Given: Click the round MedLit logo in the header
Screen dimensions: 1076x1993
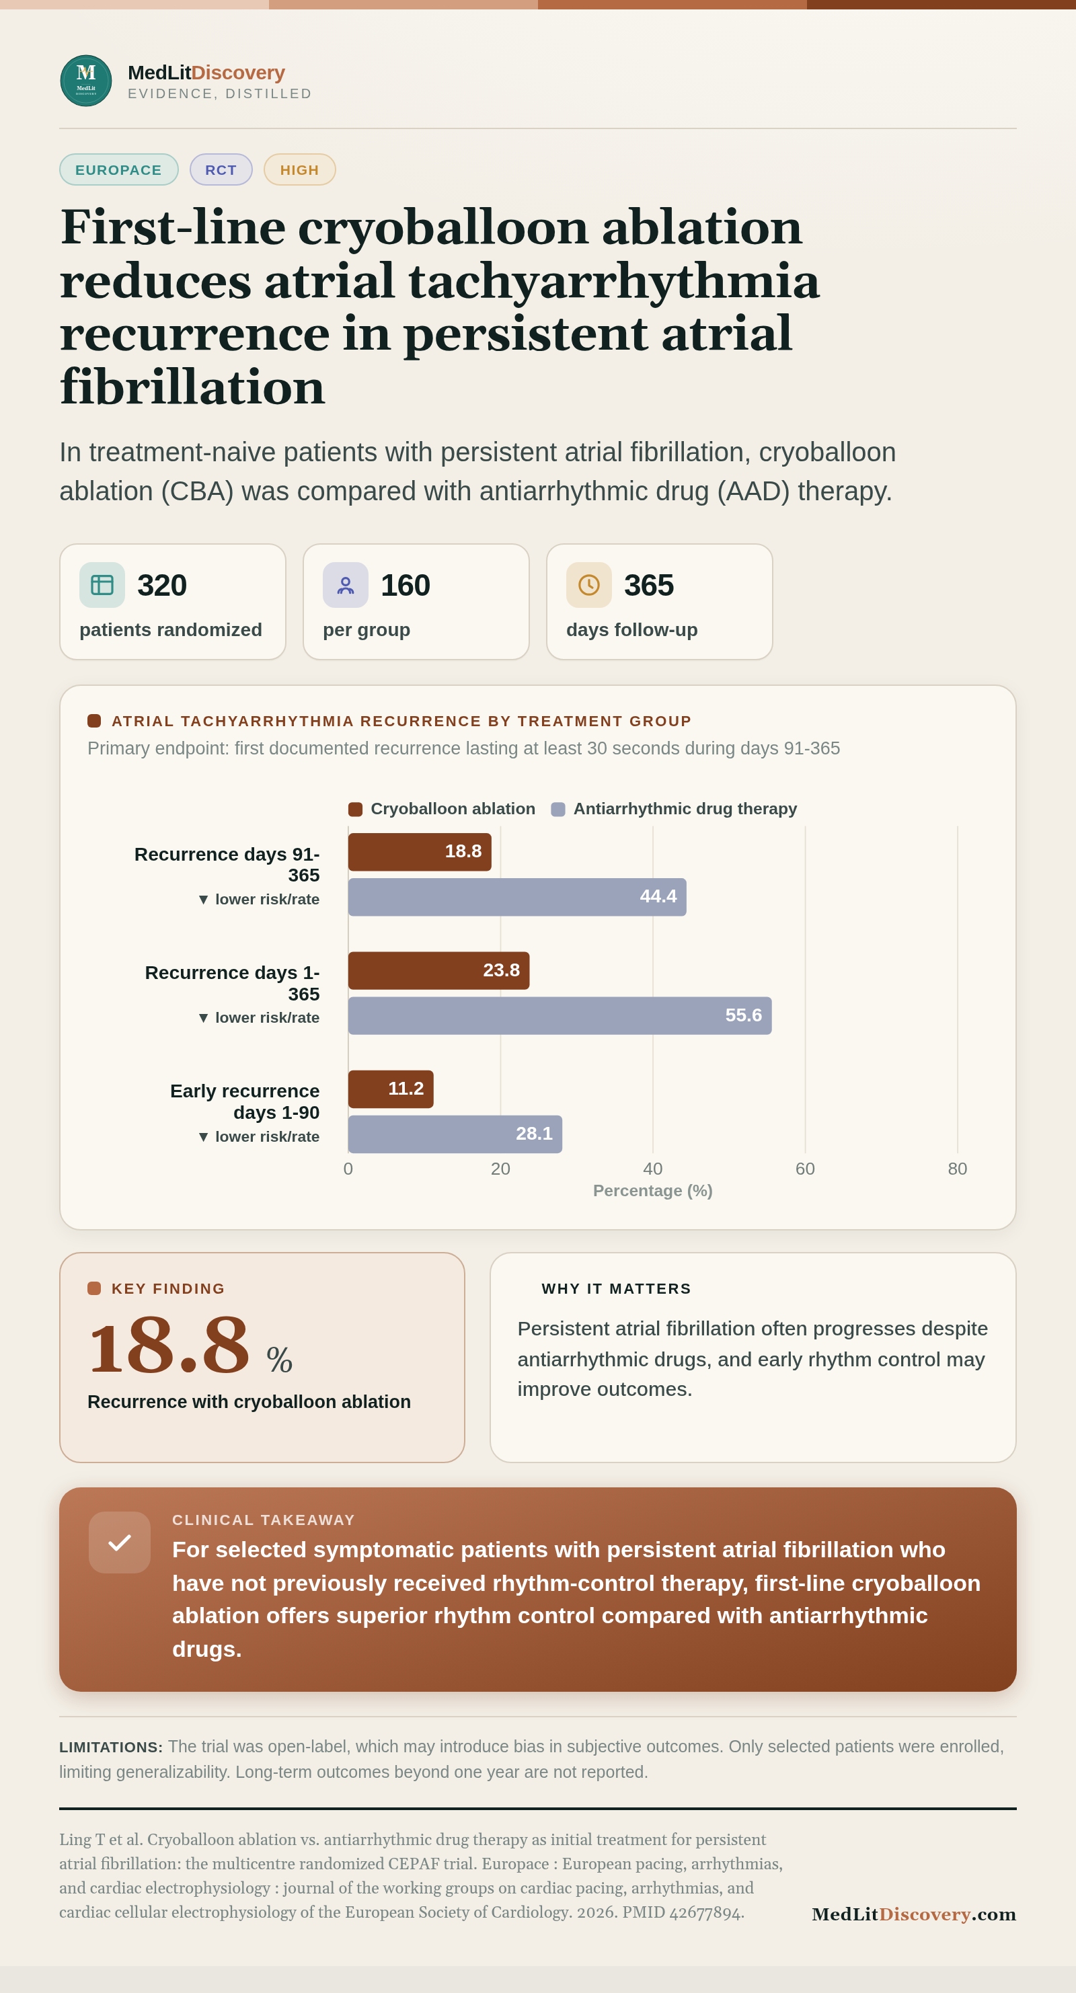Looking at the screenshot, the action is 86,81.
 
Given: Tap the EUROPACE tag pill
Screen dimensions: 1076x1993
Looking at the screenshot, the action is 119,169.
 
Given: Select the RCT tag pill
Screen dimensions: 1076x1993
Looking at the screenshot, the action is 221,169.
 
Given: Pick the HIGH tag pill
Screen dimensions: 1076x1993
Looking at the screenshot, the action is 299,169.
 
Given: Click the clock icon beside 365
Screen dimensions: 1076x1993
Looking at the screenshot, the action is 588,585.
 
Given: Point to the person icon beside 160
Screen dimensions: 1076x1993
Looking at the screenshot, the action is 346,585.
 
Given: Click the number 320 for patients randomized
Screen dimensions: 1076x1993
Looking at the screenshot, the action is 161,585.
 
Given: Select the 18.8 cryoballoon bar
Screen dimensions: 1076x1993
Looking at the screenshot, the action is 419,852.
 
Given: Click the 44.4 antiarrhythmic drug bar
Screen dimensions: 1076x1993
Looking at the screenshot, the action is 516,897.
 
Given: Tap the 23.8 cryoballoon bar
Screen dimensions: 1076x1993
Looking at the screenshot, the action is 438,970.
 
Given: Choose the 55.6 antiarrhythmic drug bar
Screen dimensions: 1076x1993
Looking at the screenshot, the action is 560,1015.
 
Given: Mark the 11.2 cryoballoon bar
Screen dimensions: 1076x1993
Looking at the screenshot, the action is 391,1089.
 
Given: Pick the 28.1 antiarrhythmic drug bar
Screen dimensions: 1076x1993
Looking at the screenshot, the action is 455,1134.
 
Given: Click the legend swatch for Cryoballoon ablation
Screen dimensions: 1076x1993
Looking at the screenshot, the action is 355,810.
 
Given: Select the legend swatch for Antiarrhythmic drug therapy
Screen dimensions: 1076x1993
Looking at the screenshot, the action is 558,810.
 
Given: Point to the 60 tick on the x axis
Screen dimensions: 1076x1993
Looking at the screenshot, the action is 805,1168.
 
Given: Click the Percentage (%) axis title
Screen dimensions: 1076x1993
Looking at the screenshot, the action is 653,1191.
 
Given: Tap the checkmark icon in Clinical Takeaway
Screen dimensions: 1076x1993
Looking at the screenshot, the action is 120,1542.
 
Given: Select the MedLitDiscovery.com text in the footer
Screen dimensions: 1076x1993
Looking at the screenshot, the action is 913,1914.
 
